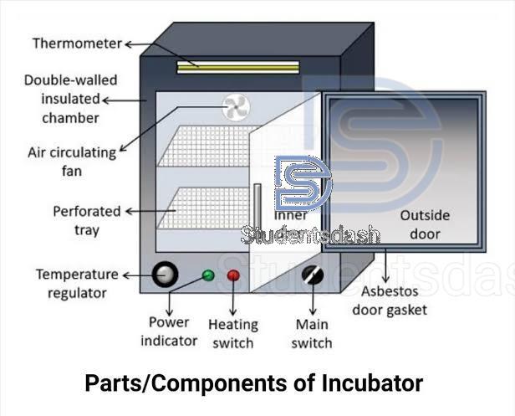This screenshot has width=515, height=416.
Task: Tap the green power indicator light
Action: point(208,275)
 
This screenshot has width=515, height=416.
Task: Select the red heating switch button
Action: point(233,275)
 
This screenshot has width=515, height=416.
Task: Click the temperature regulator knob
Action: point(165,274)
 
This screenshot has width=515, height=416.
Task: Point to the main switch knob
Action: point(313,275)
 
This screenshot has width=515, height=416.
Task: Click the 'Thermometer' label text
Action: point(77,43)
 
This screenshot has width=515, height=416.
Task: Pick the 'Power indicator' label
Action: point(169,331)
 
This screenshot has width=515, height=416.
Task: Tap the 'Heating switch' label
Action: point(233,333)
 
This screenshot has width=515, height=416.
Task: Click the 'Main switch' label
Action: point(314,333)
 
